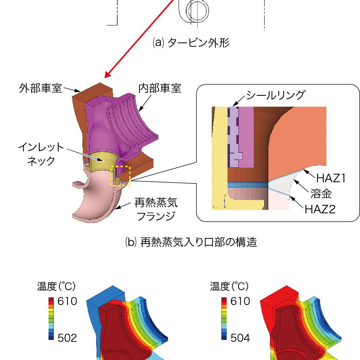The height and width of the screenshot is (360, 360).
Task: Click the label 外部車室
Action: pos(41,88)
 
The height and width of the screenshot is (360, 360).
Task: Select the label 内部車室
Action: pos(160,88)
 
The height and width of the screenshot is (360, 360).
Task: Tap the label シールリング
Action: pos(275,96)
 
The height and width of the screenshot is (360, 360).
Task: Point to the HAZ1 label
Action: pos(331,178)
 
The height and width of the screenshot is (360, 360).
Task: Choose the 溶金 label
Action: pos(321,194)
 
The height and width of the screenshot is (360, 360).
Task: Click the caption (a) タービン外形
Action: pos(191,43)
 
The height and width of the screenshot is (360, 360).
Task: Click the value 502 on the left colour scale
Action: pos(67,338)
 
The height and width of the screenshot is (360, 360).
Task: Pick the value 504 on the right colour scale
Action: pos(240,338)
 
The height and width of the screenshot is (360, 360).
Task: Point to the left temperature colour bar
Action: pos(51,319)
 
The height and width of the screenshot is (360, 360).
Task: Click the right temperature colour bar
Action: pos(224,319)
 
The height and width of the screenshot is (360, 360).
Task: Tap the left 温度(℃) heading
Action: pos(56,286)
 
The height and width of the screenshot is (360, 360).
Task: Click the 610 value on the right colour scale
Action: pos(240,301)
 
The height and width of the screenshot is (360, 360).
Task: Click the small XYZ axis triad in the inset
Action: pos(224,201)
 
